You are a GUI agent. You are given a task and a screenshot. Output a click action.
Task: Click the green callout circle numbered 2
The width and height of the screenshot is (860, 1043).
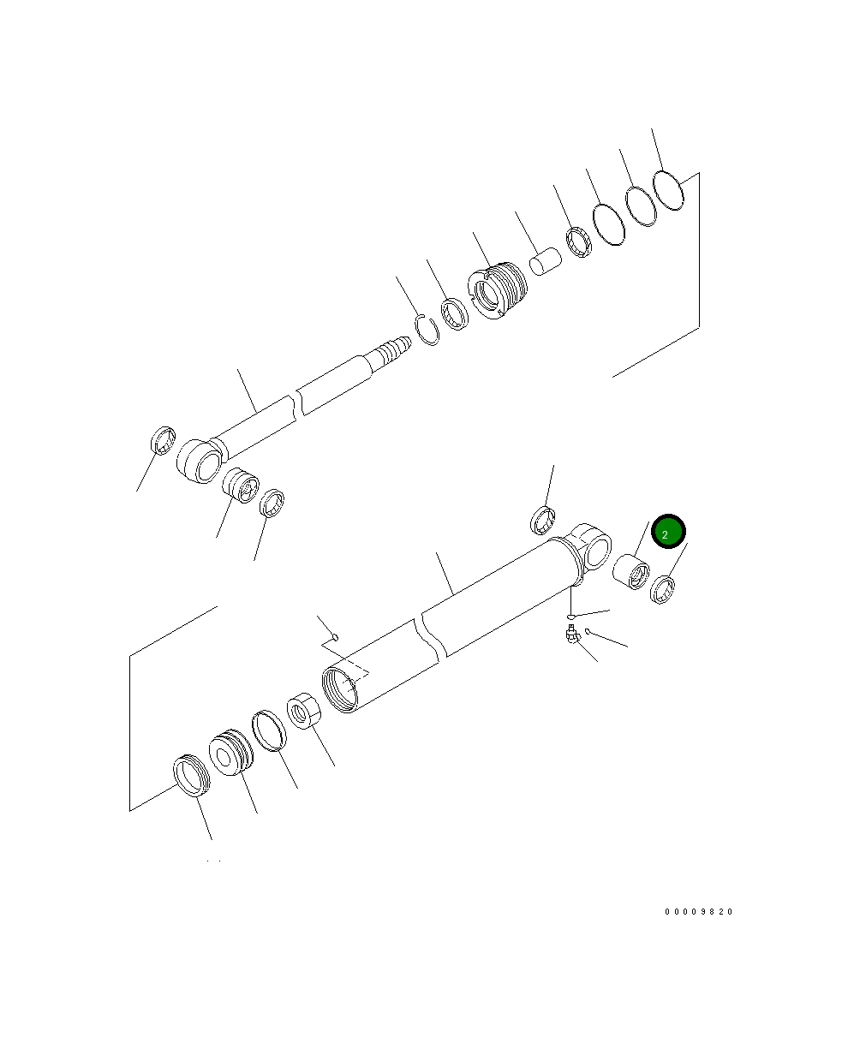coord(667,531)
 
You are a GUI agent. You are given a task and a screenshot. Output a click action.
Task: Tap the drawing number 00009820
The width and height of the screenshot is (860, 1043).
coord(698,912)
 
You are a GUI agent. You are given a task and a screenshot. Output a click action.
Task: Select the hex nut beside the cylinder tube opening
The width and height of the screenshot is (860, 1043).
coord(304,711)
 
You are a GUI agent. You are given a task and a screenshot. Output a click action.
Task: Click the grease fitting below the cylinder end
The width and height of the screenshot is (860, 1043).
coord(571,635)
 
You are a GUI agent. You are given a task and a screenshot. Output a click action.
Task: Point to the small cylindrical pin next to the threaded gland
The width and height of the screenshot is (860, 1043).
coord(545,260)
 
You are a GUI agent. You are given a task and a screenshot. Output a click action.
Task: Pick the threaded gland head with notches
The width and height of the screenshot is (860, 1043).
coord(497,290)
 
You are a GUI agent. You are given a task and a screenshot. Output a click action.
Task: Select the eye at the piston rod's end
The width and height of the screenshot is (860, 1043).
coord(200,461)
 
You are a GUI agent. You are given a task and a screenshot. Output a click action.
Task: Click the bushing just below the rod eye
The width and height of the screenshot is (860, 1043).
coord(241,485)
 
